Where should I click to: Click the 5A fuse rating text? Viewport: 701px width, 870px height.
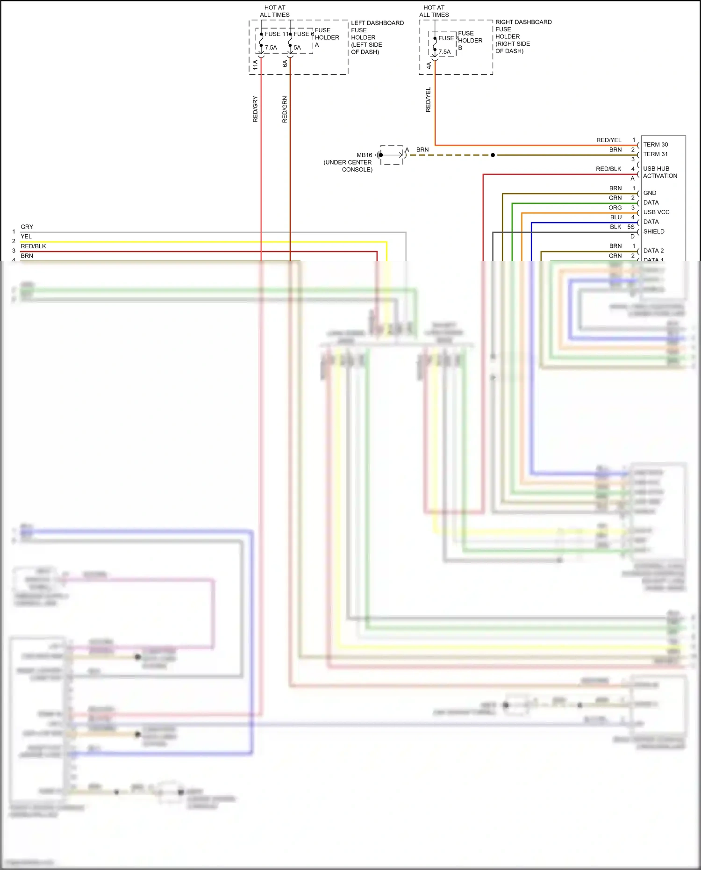coord(297,48)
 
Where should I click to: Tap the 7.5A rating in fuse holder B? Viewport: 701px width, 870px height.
coord(444,52)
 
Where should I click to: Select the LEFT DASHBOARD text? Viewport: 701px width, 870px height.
coord(377,23)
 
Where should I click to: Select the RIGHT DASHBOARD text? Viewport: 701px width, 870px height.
coord(523,22)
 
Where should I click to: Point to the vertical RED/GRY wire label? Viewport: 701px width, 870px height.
coord(255,109)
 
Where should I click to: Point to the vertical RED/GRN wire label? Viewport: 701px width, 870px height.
coord(285,110)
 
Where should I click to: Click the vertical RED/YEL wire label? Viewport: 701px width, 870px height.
coord(428,100)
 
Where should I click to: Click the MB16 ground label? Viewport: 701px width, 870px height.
coord(364,155)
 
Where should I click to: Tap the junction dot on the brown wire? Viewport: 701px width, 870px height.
coord(493,155)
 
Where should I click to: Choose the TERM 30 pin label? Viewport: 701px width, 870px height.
coord(655,144)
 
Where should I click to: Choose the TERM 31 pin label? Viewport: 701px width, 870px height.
coord(655,154)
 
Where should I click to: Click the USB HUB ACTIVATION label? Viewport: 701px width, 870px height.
coord(659,172)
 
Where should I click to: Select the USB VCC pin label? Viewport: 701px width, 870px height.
coord(656,212)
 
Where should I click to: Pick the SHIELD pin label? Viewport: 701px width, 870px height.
coord(653,231)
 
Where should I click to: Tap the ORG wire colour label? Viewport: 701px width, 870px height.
coord(615,208)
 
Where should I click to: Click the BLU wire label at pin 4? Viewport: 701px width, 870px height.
coord(616,217)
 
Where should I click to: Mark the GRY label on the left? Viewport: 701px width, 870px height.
coord(27,227)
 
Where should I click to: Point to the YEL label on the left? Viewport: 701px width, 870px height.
coord(26,237)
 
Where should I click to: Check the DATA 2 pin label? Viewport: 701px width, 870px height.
coord(653,251)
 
